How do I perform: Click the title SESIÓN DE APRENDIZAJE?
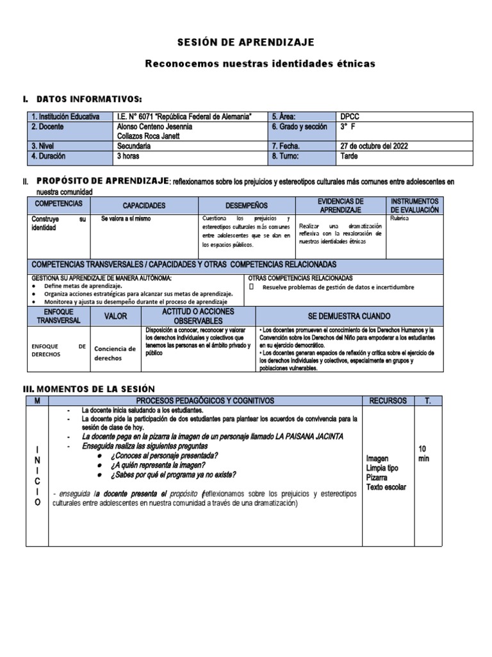click(245, 42)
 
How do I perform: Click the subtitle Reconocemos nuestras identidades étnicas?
click(259, 64)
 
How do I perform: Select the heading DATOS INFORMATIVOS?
click(89, 99)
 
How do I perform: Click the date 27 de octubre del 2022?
click(374, 146)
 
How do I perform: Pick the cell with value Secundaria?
click(134, 146)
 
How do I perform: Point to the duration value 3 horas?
click(129, 156)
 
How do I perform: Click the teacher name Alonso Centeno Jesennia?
click(155, 126)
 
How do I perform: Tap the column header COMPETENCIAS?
click(58, 203)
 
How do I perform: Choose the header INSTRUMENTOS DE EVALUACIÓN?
click(414, 205)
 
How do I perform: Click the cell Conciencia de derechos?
click(115, 354)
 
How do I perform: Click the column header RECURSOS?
click(388, 400)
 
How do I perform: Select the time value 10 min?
click(425, 454)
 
